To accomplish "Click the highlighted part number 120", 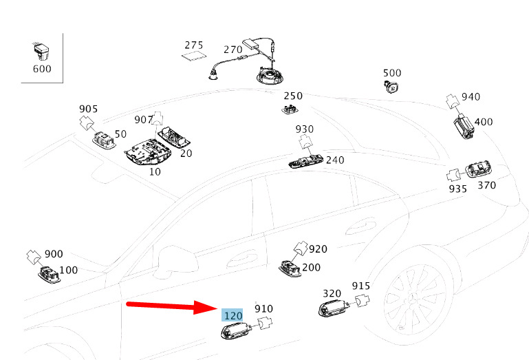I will (233, 315).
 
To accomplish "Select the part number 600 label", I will (42, 69).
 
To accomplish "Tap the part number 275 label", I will (194, 45).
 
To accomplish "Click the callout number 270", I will (233, 50).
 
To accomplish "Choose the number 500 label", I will (392, 73).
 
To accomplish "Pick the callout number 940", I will (471, 97).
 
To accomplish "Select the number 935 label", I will (458, 188).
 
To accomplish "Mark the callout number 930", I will (305, 129).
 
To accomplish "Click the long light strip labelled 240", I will (305, 162).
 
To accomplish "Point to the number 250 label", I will (293, 96).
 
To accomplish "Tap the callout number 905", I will (89, 109).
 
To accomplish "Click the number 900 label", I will (53, 254).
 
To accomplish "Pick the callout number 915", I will (361, 286).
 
